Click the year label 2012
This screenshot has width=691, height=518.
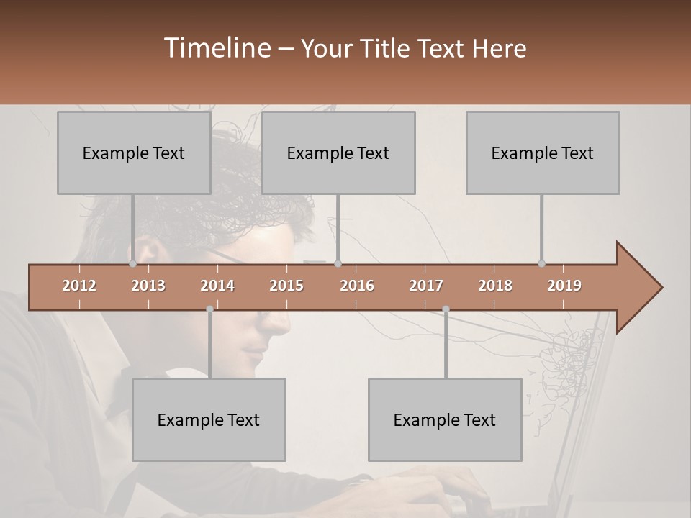point(79,286)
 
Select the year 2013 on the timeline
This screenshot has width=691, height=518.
point(148,286)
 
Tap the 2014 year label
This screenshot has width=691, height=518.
point(217,286)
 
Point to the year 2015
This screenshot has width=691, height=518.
point(286,286)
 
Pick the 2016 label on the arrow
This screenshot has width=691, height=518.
point(357,286)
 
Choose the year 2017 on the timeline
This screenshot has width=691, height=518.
point(426,286)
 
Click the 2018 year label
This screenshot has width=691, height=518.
point(495,286)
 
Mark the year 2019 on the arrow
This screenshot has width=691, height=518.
point(564,286)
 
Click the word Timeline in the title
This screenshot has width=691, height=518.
point(217,48)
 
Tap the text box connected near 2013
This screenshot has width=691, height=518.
point(134,153)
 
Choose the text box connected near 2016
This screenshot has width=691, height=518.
point(338,153)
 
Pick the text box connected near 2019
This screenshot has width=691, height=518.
point(543,153)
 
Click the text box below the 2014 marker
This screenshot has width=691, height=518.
point(209,419)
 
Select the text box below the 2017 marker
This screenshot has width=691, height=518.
point(445,419)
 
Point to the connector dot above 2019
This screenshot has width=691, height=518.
point(541,263)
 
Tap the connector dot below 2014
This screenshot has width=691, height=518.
point(209,309)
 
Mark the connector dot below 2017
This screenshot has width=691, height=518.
point(446,309)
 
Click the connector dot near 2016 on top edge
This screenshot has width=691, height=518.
point(338,263)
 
